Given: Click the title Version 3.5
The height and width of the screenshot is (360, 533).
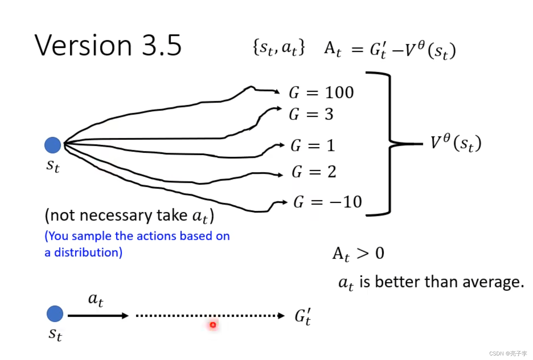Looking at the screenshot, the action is [x=108, y=46].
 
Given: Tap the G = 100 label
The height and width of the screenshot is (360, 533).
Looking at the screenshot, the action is [x=321, y=93].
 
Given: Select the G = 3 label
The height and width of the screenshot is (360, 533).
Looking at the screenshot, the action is [x=311, y=114].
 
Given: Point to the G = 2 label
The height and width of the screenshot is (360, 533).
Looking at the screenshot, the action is [x=314, y=172].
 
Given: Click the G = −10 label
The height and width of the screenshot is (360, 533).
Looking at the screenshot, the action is [x=327, y=202].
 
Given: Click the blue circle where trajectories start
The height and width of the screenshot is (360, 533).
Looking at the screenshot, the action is [x=53, y=145].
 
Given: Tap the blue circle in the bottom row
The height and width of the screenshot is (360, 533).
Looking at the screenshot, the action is [x=55, y=314].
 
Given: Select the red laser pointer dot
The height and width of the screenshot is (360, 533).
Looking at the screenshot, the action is [x=213, y=325].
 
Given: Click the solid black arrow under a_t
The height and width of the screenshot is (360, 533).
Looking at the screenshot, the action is [x=98, y=316].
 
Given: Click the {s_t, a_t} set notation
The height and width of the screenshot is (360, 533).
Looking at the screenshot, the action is [x=279, y=48].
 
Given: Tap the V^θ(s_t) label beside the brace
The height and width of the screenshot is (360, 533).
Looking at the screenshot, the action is [x=456, y=143].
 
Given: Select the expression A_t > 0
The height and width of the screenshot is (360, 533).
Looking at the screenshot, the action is [x=358, y=253].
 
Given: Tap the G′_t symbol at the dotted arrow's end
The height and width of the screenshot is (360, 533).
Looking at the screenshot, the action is [x=303, y=316].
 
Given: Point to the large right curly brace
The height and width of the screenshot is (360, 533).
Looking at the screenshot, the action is [x=391, y=144].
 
